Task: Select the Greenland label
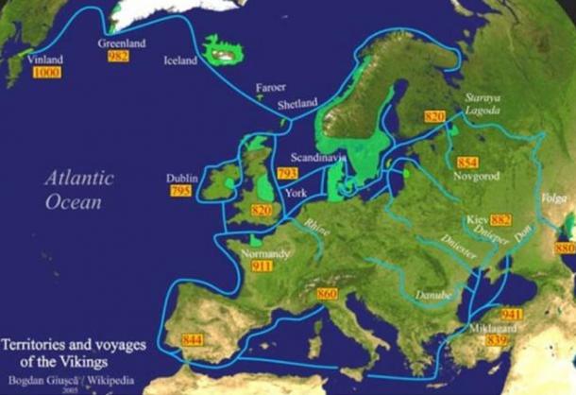point(122,43)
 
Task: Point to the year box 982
point(118,56)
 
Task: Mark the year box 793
point(288,174)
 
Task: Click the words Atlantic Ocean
point(78,189)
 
